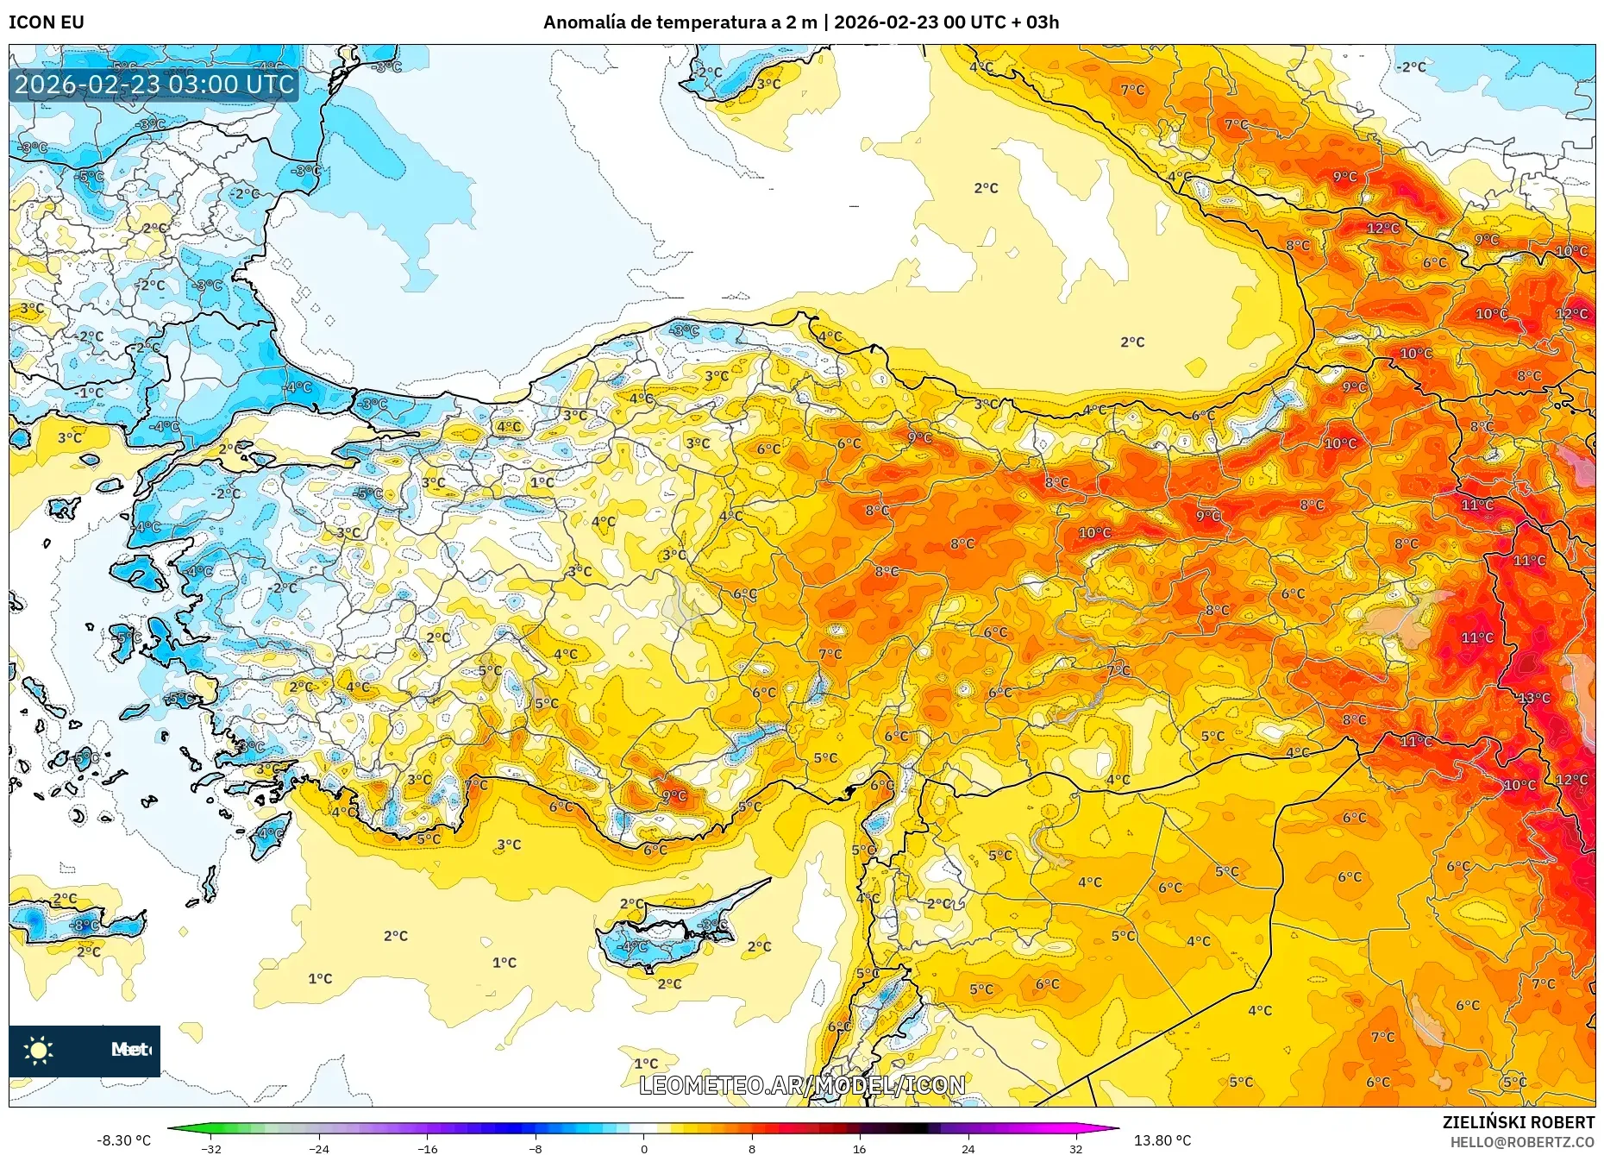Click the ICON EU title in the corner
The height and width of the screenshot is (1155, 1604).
(x=47, y=22)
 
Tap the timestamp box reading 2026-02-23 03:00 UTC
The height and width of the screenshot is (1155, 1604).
(x=154, y=85)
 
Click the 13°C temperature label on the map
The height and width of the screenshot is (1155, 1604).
(x=1534, y=697)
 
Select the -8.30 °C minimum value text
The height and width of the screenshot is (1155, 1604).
(x=123, y=1140)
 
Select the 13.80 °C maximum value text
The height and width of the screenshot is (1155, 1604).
(x=1162, y=1140)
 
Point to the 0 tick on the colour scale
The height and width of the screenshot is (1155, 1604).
(x=643, y=1148)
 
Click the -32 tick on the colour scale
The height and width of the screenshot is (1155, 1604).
(x=211, y=1148)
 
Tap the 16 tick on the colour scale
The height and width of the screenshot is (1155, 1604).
(x=859, y=1148)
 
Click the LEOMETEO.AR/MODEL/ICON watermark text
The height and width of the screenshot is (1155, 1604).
(x=802, y=1085)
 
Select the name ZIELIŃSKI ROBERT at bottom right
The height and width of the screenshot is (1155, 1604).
(x=1518, y=1122)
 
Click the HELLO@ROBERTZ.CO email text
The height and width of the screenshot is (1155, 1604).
(x=1522, y=1142)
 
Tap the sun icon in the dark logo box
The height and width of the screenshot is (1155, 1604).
(x=39, y=1050)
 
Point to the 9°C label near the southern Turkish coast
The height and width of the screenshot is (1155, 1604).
(x=674, y=795)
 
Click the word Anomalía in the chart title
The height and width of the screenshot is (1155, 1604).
(x=584, y=22)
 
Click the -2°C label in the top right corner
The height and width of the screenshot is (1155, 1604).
(x=1412, y=66)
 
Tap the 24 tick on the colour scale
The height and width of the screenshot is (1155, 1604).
(x=968, y=1148)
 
